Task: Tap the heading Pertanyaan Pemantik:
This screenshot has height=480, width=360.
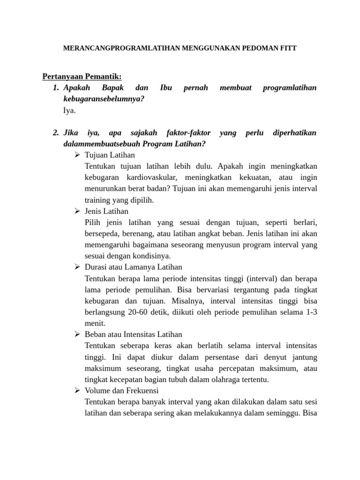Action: coord(82,76)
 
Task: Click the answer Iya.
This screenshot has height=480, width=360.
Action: coord(69,111)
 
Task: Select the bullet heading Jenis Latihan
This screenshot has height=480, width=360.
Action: coord(106,211)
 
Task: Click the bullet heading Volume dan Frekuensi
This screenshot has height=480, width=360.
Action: coord(122,390)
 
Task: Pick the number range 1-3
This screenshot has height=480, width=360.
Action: coord(311,312)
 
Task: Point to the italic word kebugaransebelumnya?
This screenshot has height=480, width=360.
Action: coord(104,99)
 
